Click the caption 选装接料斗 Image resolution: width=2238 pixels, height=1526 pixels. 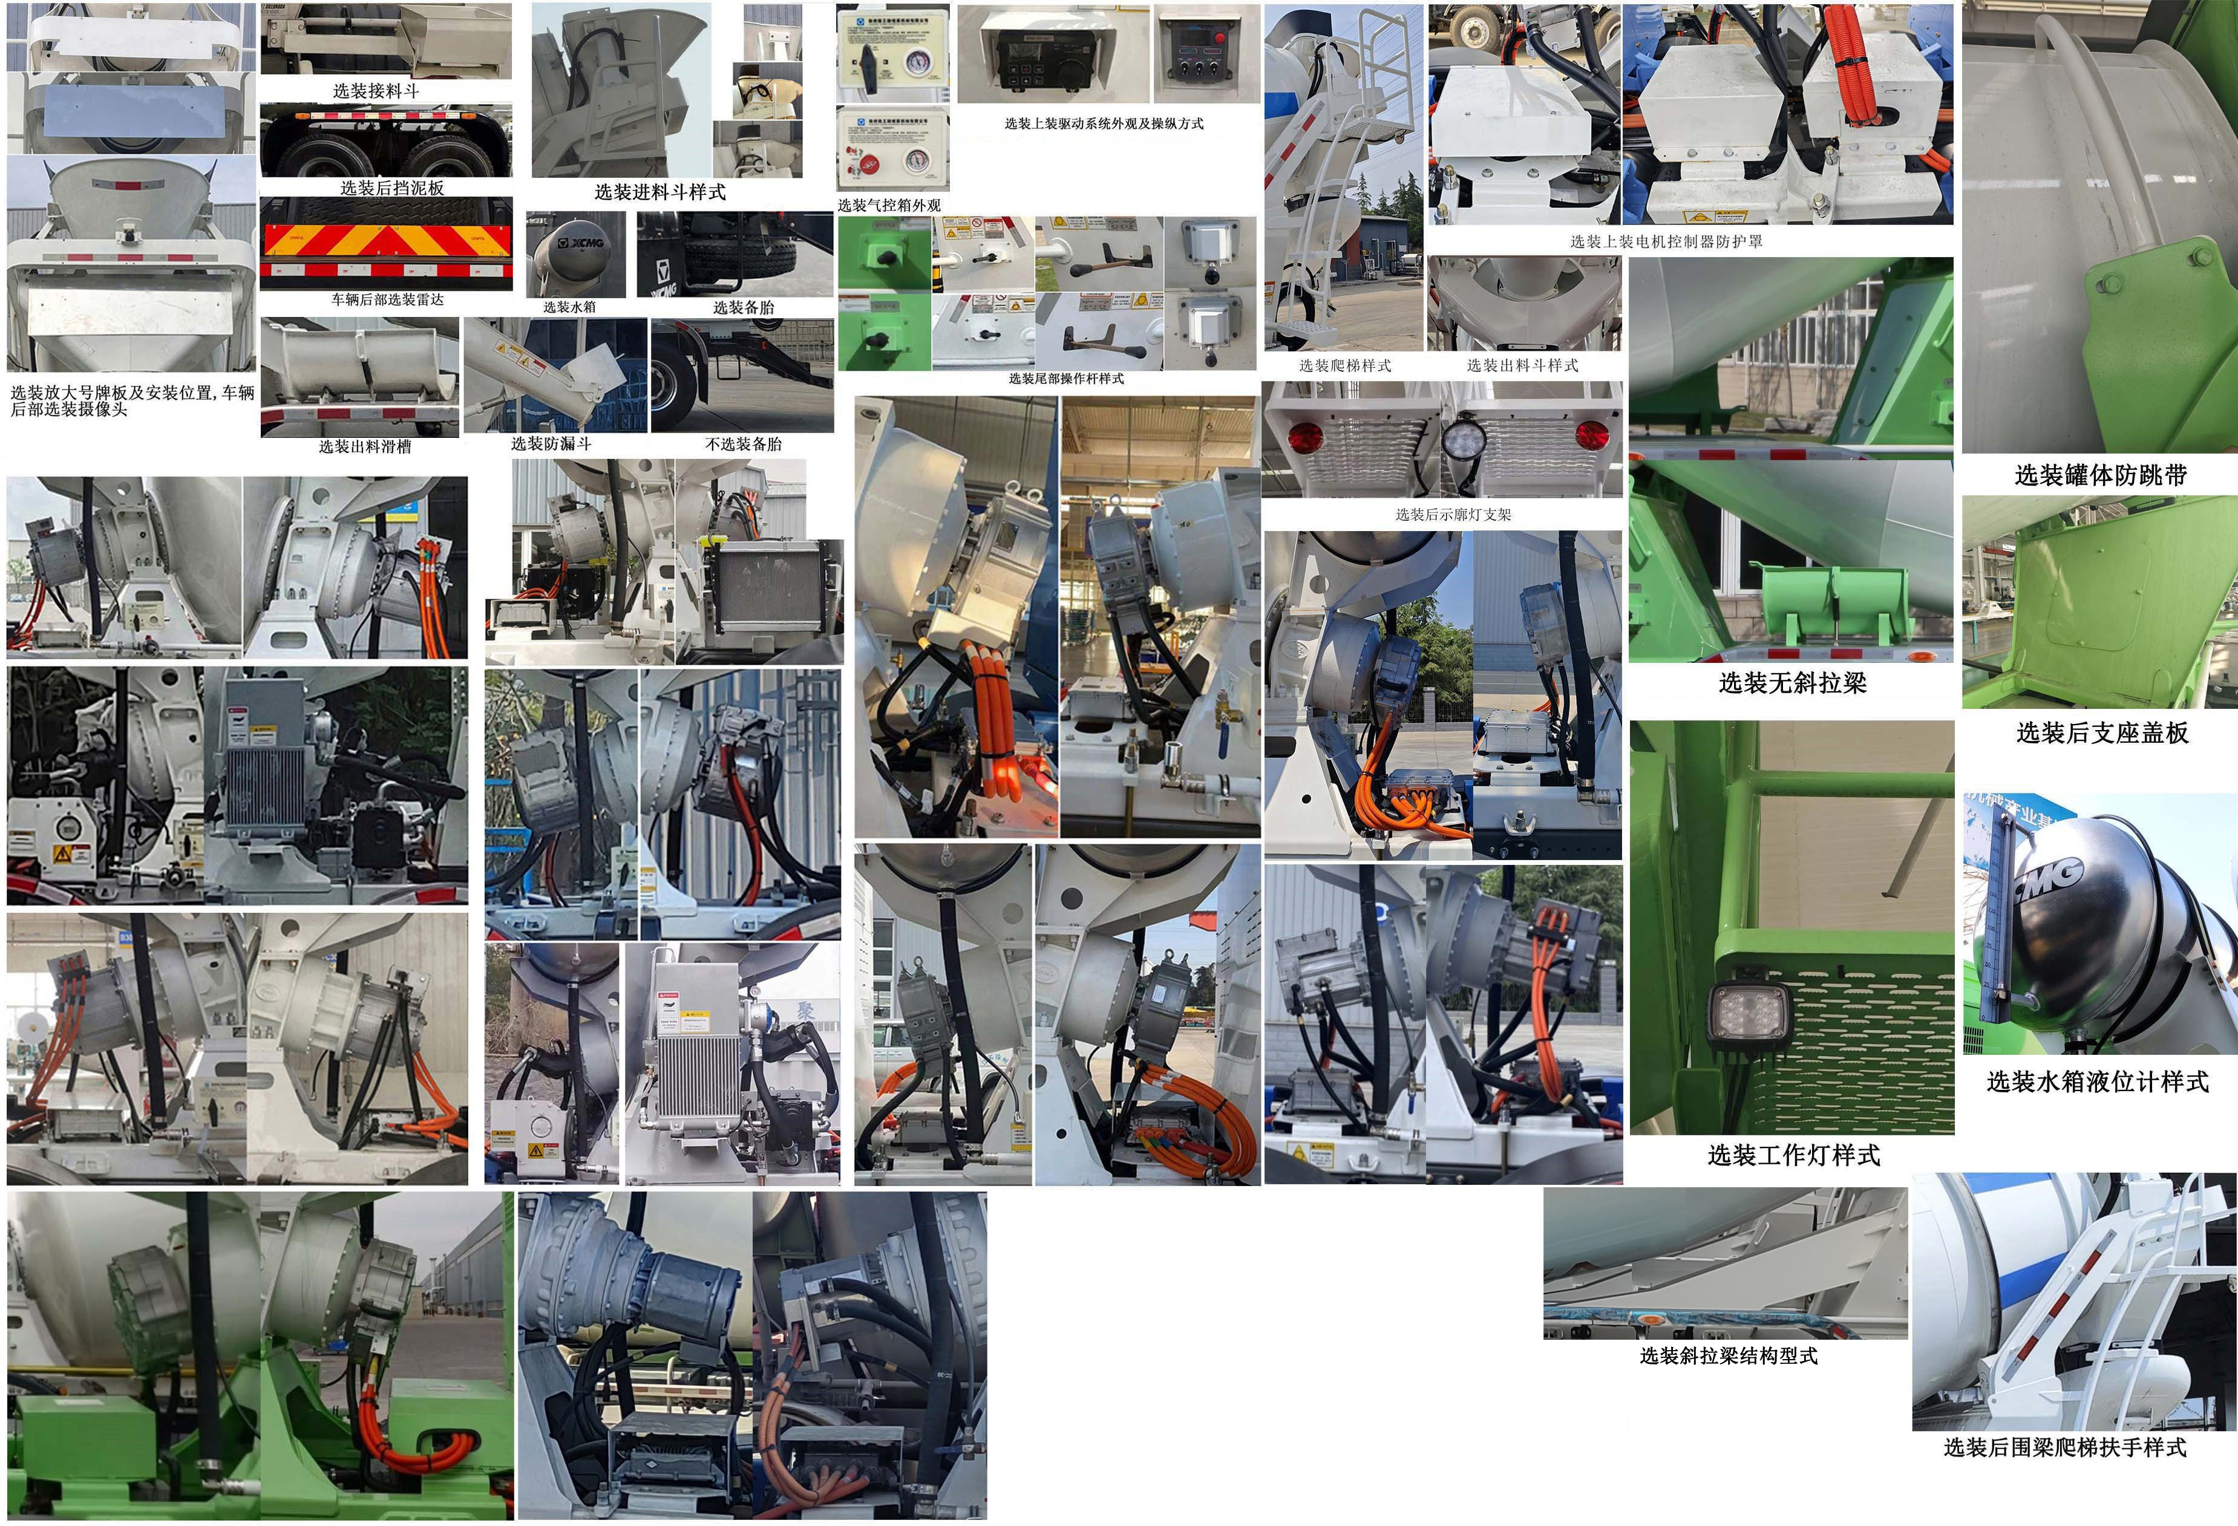click(376, 91)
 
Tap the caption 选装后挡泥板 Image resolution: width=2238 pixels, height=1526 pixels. click(392, 187)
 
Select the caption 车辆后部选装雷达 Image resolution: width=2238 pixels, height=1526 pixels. click(387, 299)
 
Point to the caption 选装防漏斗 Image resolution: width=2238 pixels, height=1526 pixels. click(551, 444)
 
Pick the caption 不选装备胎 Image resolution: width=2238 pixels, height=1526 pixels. click(742, 444)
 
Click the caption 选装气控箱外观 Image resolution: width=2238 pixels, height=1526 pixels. click(889, 205)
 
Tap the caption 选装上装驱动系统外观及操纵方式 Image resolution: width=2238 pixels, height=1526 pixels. click(1104, 123)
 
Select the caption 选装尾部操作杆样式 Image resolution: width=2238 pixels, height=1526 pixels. click(1066, 379)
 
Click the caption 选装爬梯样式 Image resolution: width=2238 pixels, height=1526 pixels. click(1344, 366)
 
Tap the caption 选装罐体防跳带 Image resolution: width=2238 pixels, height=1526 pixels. click(2100, 475)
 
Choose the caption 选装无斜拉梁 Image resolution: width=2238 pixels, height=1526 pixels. click(1792, 683)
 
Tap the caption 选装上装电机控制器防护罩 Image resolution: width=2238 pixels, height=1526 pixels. click(1666, 242)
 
